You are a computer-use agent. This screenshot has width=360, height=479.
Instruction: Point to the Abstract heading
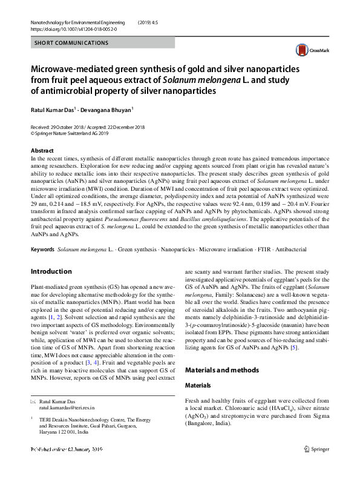(42, 150)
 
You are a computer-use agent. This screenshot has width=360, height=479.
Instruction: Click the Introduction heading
(51, 271)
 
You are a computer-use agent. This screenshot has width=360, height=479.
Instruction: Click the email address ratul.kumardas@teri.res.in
(67, 408)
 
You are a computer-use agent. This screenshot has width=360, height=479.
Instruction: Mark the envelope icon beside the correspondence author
(33, 401)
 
